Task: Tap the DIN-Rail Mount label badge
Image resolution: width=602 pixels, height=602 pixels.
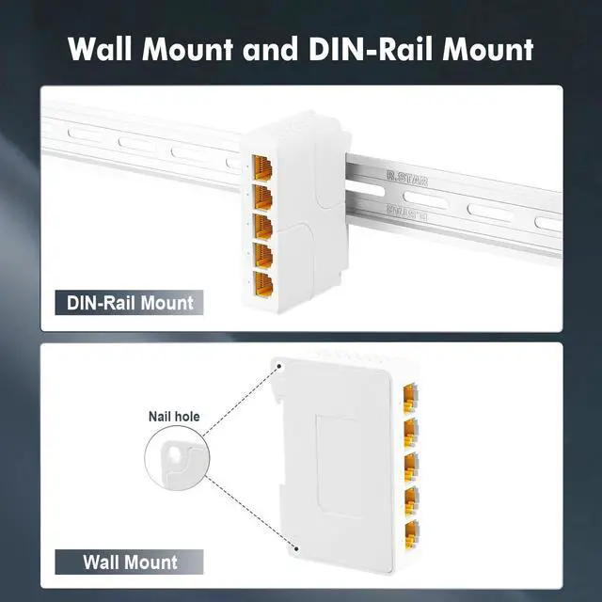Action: click(130, 303)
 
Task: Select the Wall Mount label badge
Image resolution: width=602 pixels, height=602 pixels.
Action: click(130, 562)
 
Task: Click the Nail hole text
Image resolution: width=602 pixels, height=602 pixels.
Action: click(174, 416)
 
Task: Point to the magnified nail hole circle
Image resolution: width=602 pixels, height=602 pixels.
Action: click(175, 461)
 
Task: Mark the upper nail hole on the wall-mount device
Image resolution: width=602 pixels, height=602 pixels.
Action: click(278, 365)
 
